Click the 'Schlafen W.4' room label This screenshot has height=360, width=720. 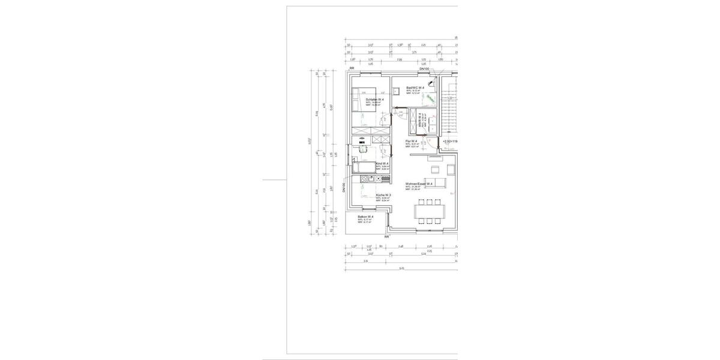click(367, 100)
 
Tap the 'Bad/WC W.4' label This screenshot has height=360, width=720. click(415, 88)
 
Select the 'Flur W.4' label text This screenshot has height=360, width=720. click(411, 141)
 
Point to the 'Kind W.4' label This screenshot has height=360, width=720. click(382, 164)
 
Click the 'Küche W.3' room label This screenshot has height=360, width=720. click(383, 195)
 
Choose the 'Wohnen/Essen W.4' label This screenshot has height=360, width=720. click(419, 184)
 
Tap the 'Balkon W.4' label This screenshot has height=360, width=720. click(365, 217)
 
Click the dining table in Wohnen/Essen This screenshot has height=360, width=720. click(430, 211)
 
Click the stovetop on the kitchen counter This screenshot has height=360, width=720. click(364, 179)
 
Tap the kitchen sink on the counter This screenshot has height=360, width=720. click(385, 179)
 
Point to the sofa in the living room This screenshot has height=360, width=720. click(437, 184)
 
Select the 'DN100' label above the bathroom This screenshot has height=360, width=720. click(424, 69)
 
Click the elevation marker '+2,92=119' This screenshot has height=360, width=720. click(450, 141)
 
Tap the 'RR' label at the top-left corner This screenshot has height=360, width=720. click(352, 68)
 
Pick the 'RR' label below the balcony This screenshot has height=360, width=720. click(386, 236)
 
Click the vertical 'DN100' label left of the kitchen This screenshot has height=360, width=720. click(344, 187)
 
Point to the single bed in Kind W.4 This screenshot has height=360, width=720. click(362, 167)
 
